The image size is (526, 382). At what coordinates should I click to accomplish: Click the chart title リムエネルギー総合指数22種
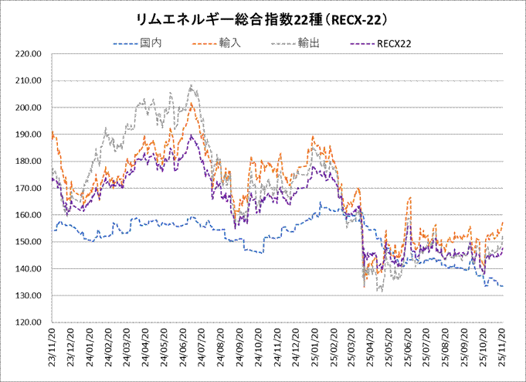(x=263, y=16)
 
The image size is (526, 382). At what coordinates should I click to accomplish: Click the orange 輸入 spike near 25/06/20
(x=409, y=199)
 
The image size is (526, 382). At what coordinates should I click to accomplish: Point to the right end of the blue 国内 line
(x=504, y=286)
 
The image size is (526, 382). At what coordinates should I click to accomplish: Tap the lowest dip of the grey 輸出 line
(x=379, y=292)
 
